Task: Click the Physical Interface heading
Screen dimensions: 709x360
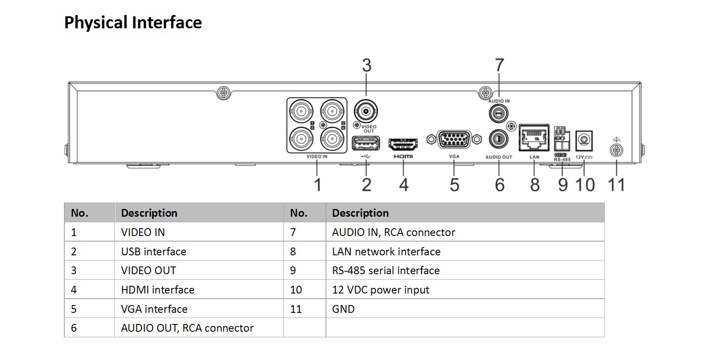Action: [133, 22]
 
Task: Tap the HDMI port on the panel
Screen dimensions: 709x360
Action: [403, 145]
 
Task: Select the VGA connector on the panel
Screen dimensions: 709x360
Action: [454, 139]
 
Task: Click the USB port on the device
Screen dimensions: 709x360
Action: [366, 143]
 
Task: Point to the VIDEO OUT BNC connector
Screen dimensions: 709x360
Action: [366, 111]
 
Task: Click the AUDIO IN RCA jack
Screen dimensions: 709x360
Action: [498, 113]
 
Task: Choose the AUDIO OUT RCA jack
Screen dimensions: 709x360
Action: [498, 139]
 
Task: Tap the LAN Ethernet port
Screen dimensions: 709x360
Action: [534, 138]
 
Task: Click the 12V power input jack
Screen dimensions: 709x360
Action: [584, 141]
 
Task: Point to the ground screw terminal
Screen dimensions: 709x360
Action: [616, 150]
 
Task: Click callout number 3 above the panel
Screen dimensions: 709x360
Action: [367, 65]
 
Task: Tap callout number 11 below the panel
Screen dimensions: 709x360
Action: [616, 185]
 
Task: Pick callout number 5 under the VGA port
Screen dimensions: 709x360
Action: [454, 185]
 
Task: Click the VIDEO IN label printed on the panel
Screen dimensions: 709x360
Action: [317, 157]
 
